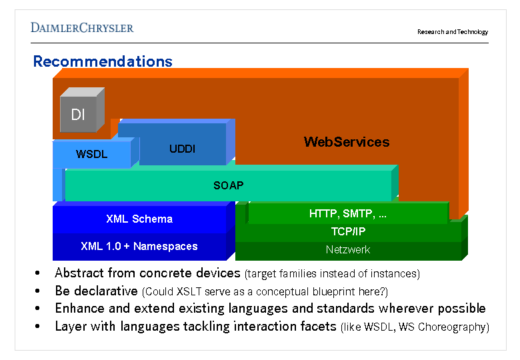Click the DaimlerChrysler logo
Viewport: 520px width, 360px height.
82,27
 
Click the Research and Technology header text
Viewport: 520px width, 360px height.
453,32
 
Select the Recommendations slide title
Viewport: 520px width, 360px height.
103,61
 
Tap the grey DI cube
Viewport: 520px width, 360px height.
79,114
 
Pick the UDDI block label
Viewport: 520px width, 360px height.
182,149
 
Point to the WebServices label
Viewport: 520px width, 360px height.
347,142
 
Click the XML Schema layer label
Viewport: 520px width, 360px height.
139,219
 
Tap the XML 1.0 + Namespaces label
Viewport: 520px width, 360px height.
139,246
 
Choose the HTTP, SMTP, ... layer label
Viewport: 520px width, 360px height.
348,214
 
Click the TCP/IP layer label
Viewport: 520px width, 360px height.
348,232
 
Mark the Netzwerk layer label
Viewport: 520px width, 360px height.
348,250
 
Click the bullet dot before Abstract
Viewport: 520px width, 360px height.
38,273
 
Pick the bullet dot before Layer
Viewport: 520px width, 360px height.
38,327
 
